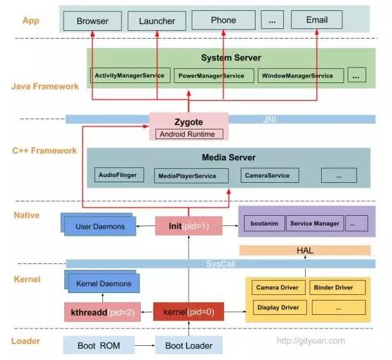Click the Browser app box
[92, 21]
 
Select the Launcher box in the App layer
[156, 21]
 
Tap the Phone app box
[223, 20]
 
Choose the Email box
[317, 20]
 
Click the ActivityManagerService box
[131, 75]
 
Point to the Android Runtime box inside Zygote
[189, 134]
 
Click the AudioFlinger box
[117, 175]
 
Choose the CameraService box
[267, 175]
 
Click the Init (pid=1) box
[189, 225]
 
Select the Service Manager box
[314, 223]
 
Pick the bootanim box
[263, 223]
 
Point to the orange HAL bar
[305, 250]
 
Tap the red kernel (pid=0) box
[183, 312]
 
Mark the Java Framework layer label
[45, 86]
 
